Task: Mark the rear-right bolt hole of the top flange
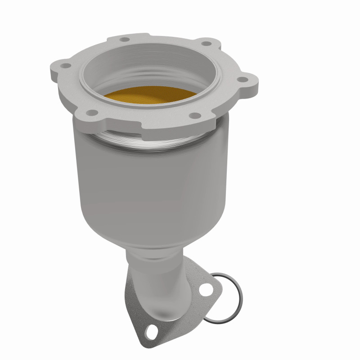tap(207, 44)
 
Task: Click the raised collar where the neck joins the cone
tap(148, 253)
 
